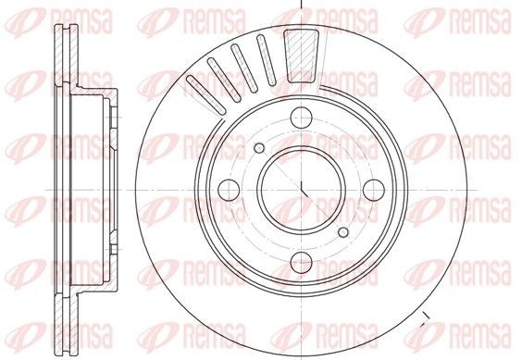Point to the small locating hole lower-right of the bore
click(x=344, y=231)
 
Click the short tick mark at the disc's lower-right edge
click(x=425, y=321)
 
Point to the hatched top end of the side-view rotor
click(x=66, y=46)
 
